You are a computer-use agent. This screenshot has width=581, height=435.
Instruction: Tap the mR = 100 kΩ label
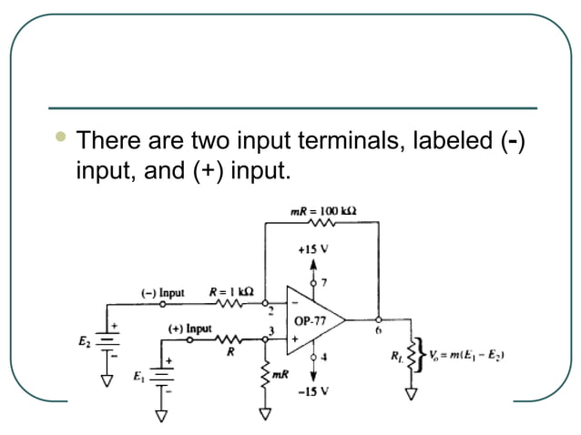tap(323, 210)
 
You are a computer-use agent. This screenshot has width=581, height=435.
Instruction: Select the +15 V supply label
tap(312, 247)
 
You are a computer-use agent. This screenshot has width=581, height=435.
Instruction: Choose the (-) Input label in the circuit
tap(162, 293)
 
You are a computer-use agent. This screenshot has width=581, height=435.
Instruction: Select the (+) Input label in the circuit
tap(189, 328)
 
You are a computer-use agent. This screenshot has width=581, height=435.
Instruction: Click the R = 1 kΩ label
tap(231, 292)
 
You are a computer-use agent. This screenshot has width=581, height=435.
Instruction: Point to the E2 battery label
tap(85, 342)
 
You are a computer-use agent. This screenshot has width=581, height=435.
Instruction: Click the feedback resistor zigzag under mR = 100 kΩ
tap(323, 223)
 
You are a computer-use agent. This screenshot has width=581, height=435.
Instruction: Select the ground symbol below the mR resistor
tap(266, 415)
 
